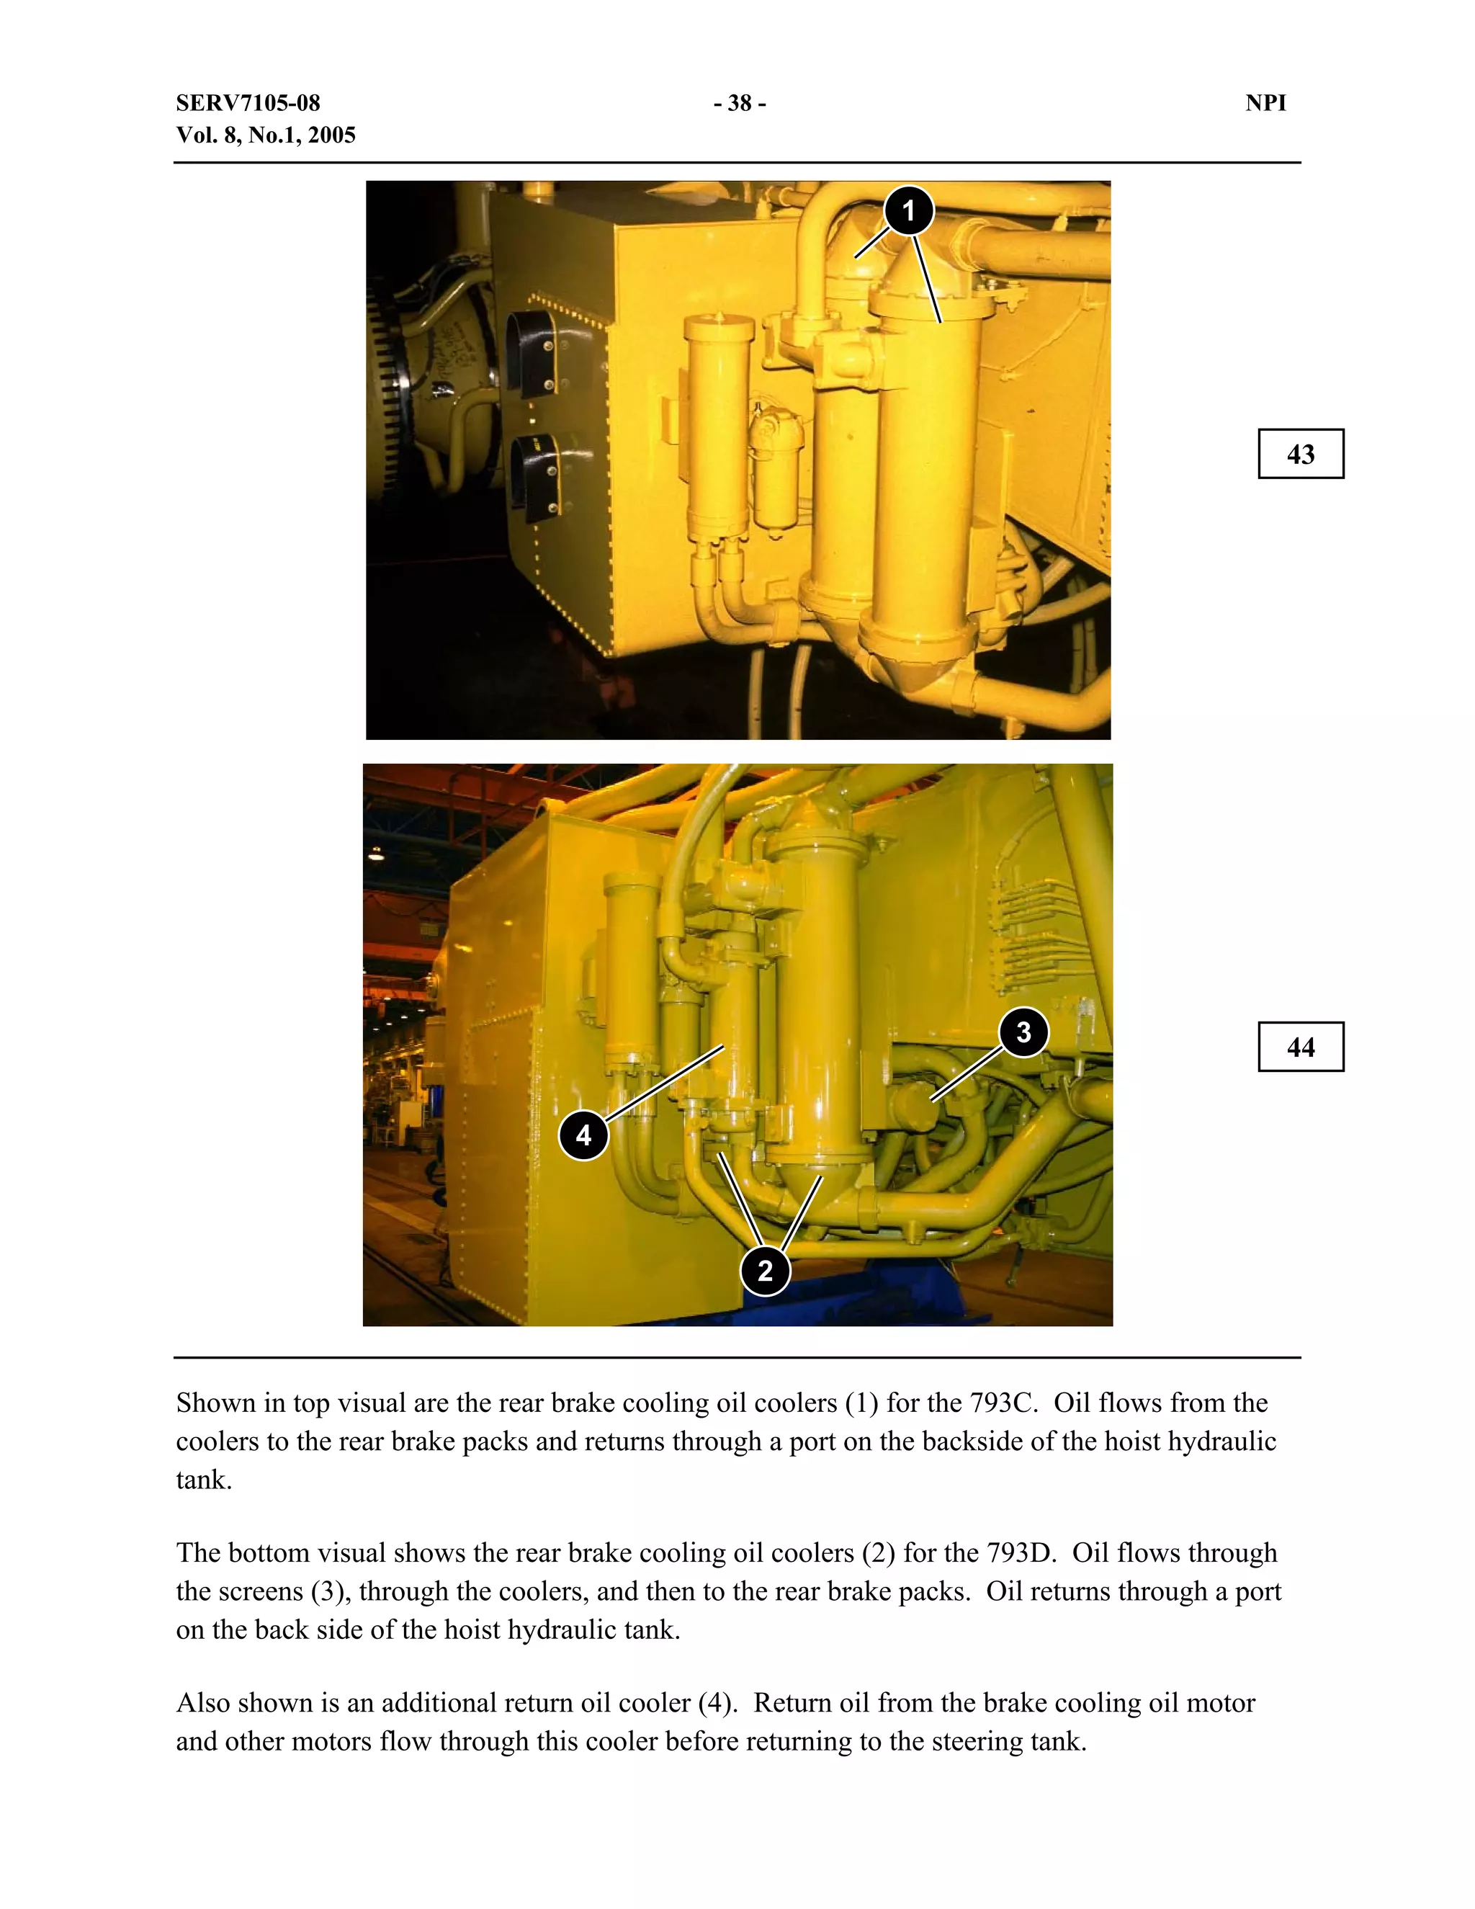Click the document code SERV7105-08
point(248,103)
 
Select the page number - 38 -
point(739,103)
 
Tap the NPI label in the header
point(1265,103)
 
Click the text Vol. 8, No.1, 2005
point(266,135)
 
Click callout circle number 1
point(909,210)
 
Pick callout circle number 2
point(766,1270)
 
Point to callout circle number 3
point(1023,1032)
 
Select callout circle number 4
point(583,1135)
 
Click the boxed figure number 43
point(1300,454)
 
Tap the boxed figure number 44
point(1300,1047)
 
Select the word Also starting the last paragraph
point(202,1704)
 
